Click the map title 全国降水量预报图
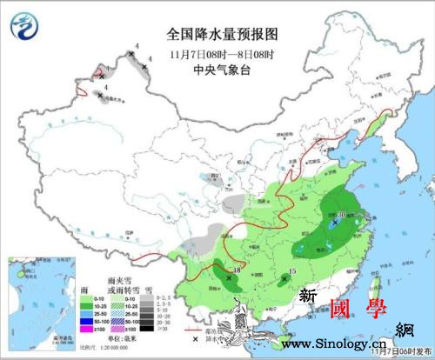tap(222, 34)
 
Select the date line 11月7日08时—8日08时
tap(222, 54)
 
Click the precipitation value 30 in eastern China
tap(342, 214)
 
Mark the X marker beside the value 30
tap(335, 223)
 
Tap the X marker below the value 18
tap(229, 278)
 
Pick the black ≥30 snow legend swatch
tap(146, 329)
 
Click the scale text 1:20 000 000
tap(106, 348)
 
